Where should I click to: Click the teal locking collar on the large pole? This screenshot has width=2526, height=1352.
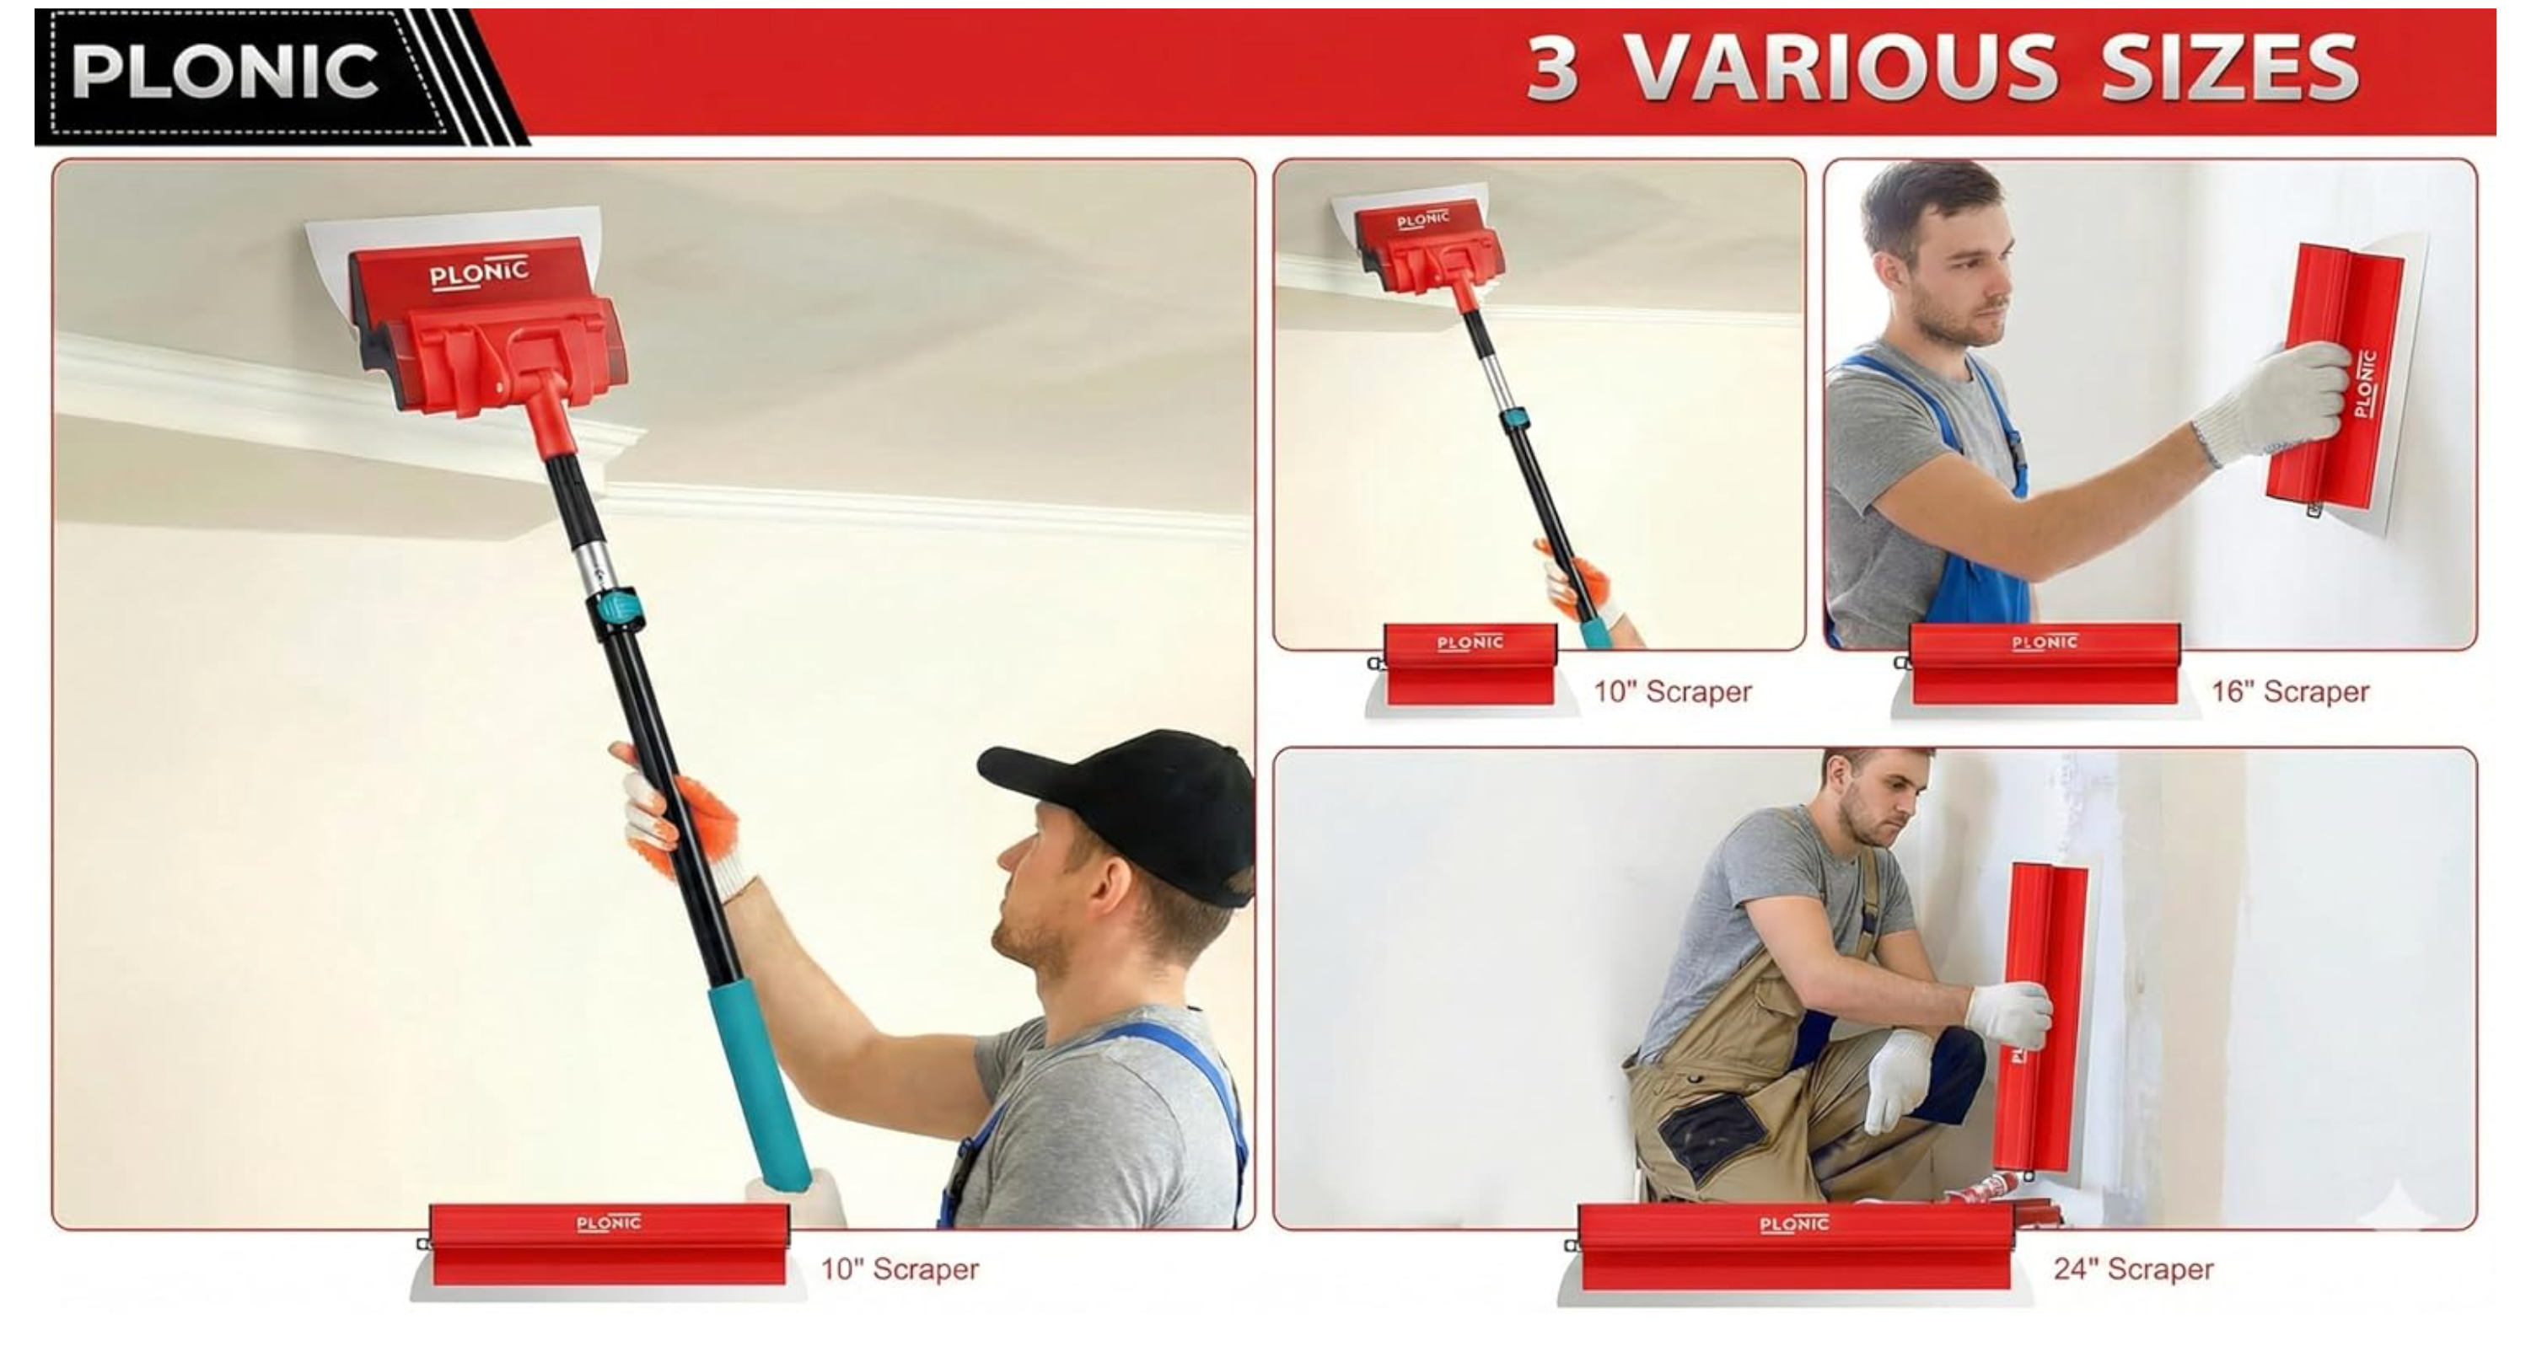pos(615,609)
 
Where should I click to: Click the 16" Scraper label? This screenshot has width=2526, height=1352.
pos(2289,691)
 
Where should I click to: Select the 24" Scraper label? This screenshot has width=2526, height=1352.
pos(2133,1269)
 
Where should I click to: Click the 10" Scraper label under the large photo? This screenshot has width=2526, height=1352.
pos(900,1269)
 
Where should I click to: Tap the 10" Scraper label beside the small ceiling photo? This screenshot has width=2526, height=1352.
pos(1672,691)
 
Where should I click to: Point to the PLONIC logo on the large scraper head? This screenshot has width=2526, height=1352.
pos(479,272)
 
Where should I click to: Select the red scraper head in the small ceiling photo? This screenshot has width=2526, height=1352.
pos(1427,245)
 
